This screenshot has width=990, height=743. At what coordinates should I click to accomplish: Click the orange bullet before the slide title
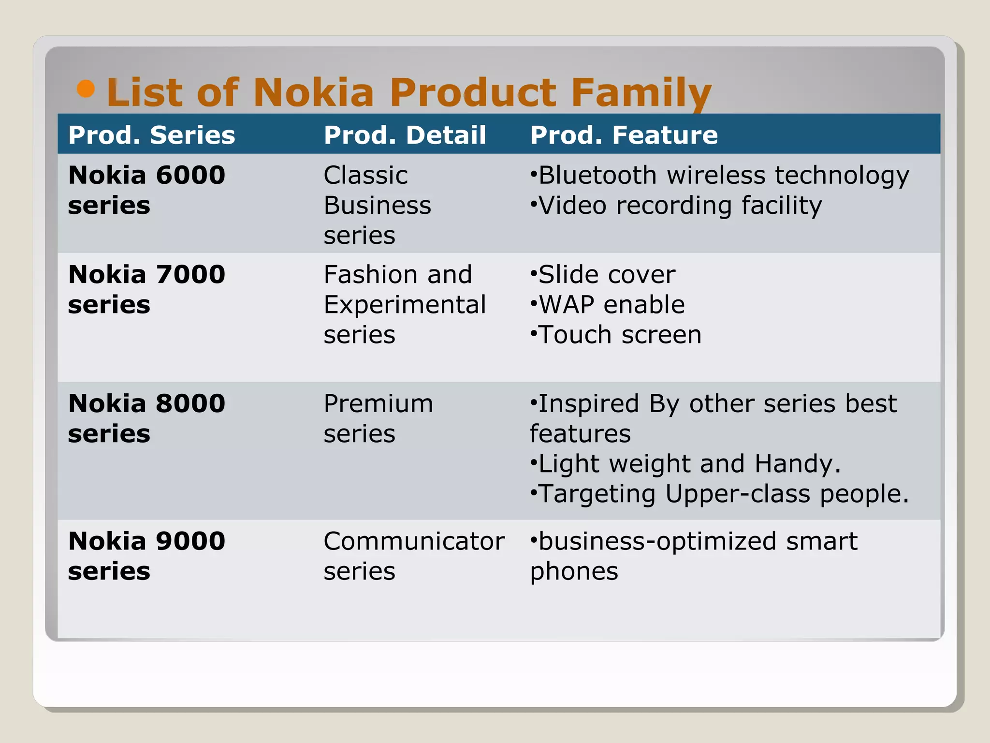[86, 89]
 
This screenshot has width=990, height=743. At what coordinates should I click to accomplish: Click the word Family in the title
[641, 93]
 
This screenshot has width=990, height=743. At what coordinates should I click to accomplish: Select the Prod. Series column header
[151, 135]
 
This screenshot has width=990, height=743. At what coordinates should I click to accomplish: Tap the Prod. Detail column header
[405, 135]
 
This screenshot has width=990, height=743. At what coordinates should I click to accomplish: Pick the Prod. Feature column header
[624, 135]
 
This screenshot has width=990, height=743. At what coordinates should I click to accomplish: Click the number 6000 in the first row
[190, 175]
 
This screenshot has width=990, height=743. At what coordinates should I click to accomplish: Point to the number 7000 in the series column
[190, 275]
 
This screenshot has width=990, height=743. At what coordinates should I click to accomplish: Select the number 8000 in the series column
[190, 403]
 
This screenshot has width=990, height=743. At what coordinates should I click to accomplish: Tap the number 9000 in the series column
[190, 541]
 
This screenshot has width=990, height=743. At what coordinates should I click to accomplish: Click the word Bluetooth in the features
[597, 175]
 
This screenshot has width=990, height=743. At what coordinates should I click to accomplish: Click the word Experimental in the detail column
[405, 305]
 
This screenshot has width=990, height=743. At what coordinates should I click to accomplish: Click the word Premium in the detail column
[378, 404]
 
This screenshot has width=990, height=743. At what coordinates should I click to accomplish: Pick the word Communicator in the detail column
[414, 541]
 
